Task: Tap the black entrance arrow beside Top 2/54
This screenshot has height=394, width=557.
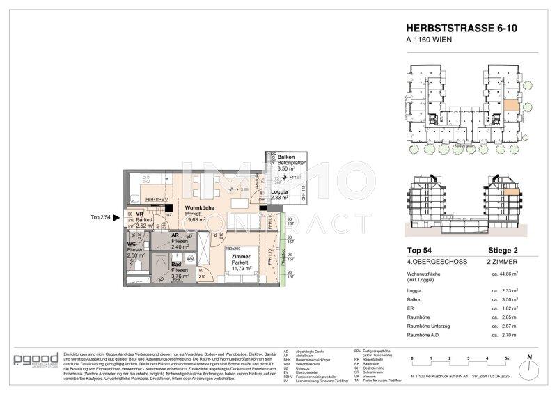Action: [120, 218]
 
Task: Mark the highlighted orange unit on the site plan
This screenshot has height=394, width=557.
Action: [510, 107]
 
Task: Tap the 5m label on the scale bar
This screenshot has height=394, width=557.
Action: [508, 358]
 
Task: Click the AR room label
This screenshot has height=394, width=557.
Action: [176, 235]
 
